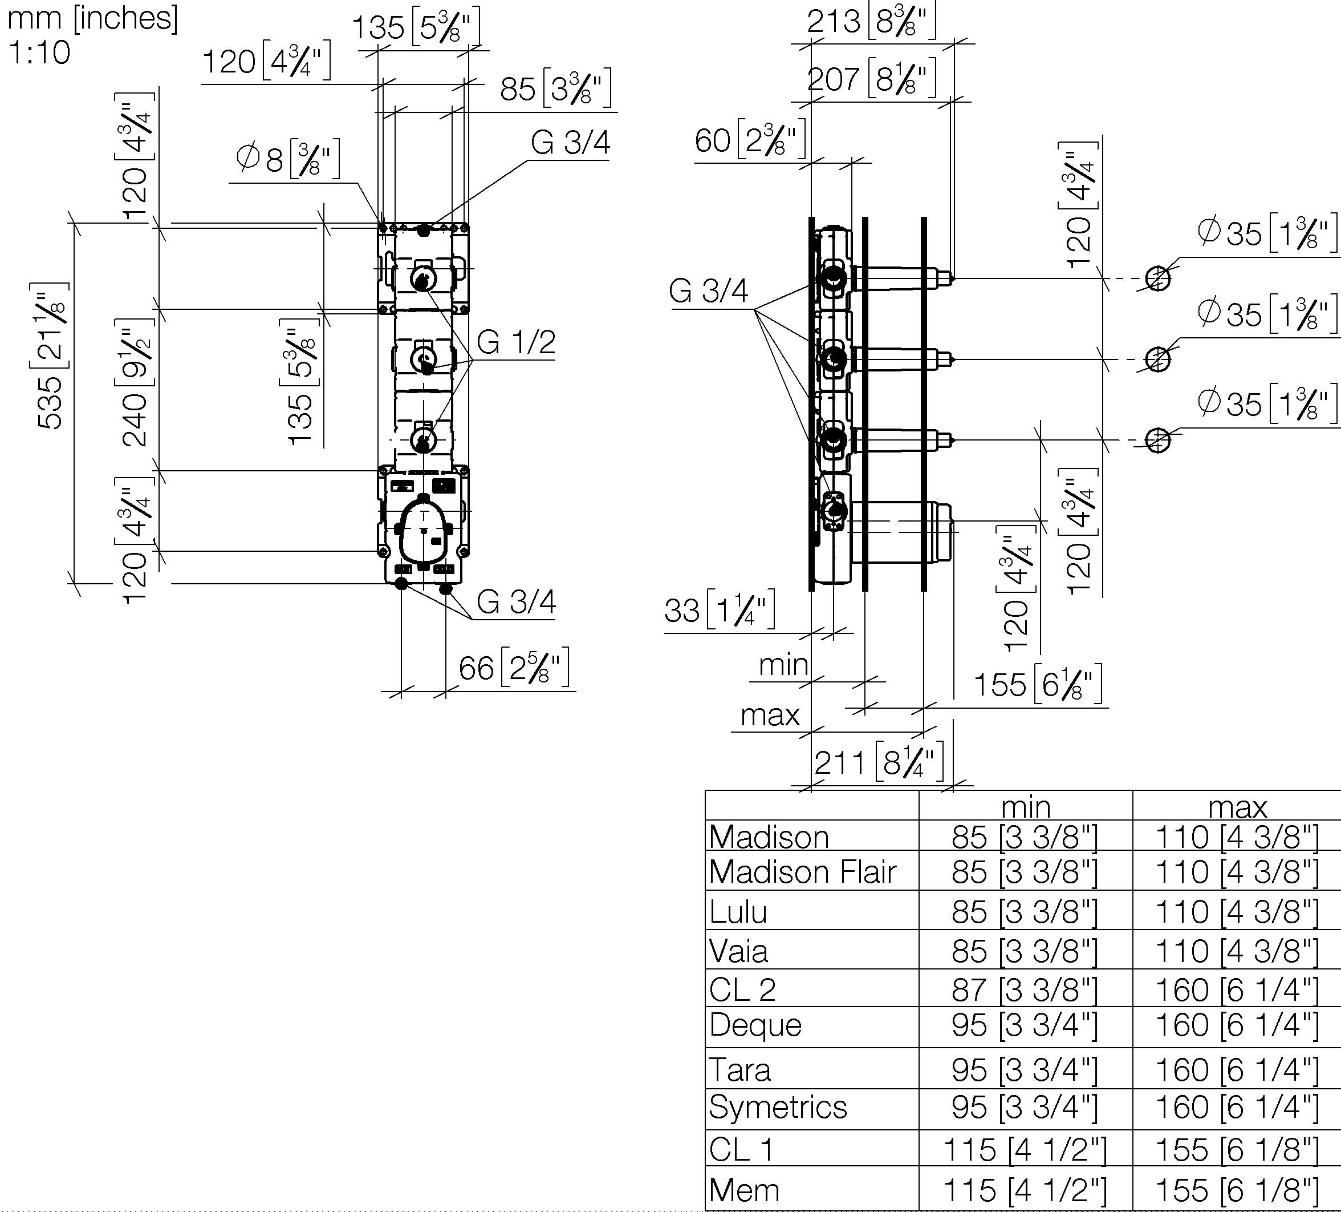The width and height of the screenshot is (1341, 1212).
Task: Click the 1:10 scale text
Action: click(39, 52)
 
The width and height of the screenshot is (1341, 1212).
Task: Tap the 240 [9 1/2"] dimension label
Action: click(135, 382)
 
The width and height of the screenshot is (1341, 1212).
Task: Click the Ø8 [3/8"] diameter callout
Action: click(288, 159)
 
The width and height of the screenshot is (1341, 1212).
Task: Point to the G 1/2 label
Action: click(515, 342)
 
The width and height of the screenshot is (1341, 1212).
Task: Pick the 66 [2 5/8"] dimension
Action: click(514, 668)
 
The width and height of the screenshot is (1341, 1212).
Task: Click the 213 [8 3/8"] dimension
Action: click(871, 21)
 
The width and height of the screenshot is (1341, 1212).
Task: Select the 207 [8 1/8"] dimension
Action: click(871, 79)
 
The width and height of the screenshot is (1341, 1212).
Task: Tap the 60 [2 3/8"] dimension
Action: click(750, 140)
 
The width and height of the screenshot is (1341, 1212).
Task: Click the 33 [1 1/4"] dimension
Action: click(720, 609)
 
